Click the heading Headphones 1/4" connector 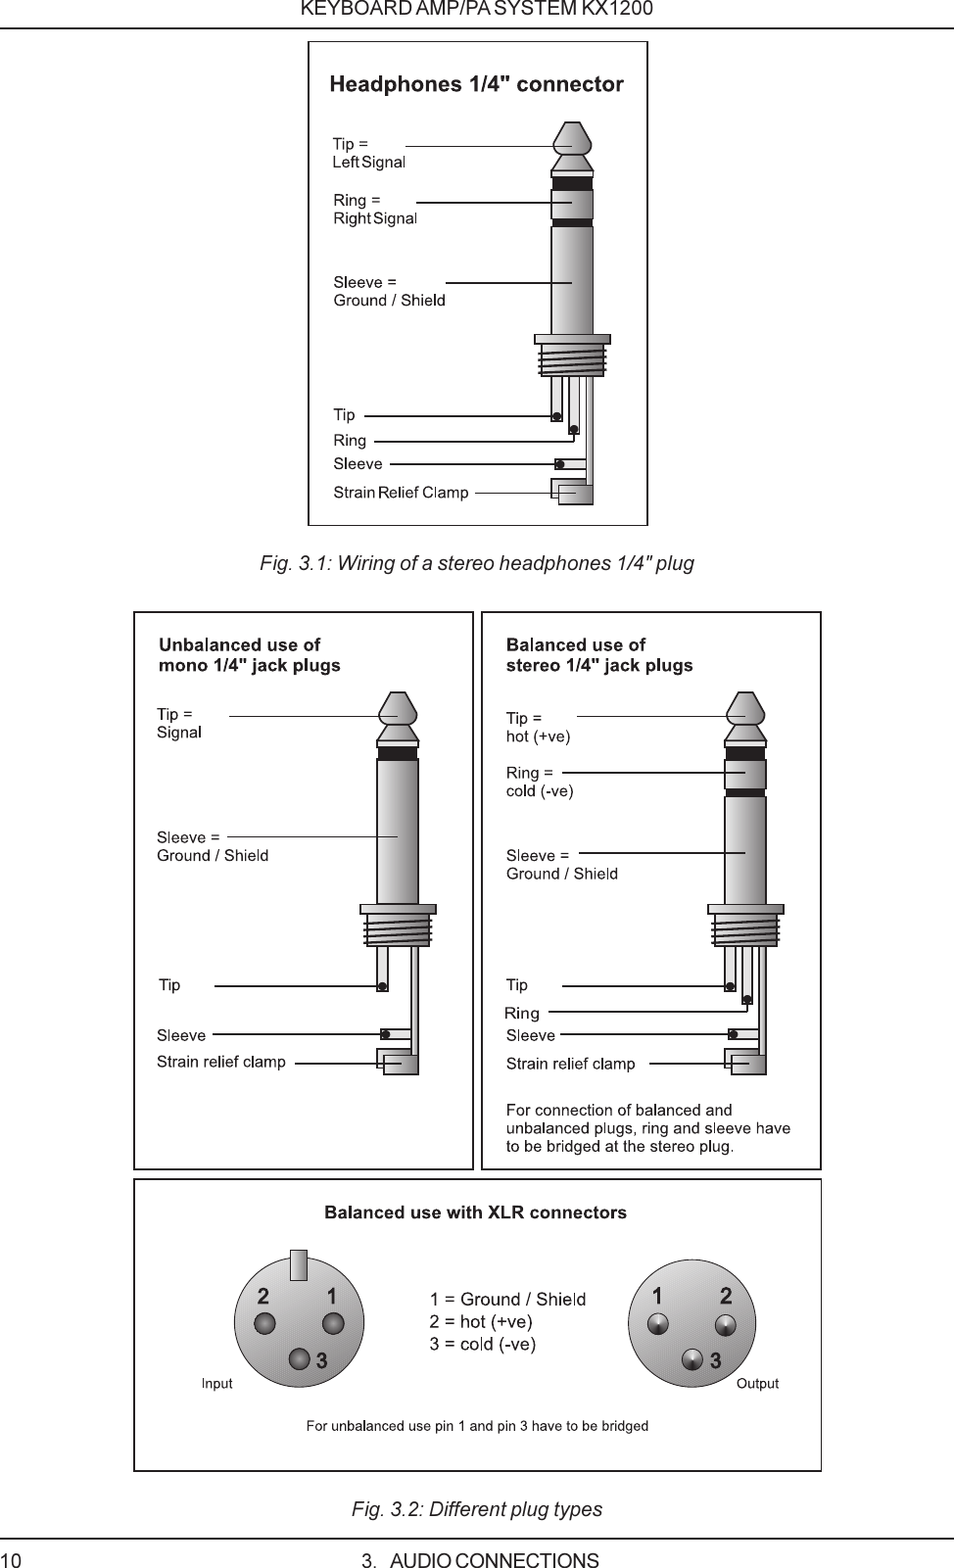point(476,84)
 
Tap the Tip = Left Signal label point(368,153)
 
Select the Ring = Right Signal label point(374,209)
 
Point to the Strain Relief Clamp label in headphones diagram point(401,493)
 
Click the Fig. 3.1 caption point(476,563)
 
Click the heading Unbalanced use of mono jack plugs point(250,655)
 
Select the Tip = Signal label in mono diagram point(179,723)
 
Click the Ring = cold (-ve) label point(539,782)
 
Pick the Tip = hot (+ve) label point(537,727)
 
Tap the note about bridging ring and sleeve point(647,1128)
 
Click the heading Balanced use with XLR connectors point(475,1212)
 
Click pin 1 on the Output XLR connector point(658,1324)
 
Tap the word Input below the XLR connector point(216,1384)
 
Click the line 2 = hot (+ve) point(480,1322)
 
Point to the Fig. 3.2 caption point(476,1509)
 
